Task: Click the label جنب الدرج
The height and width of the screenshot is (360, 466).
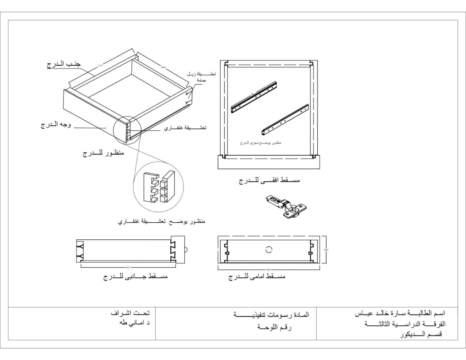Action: (x=64, y=64)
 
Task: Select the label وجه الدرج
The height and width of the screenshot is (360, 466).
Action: (x=56, y=125)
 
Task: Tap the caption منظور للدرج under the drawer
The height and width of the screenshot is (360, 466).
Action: (x=103, y=153)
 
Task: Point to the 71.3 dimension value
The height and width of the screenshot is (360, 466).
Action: (x=100, y=66)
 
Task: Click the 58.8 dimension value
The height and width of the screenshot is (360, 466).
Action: (x=163, y=67)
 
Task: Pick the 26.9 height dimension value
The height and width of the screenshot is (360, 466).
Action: (x=326, y=250)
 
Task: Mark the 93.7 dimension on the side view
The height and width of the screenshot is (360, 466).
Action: (x=128, y=267)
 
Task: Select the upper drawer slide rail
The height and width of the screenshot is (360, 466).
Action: (x=256, y=97)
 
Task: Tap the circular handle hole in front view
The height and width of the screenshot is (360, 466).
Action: (x=269, y=250)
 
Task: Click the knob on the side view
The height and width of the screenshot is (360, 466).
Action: (x=186, y=250)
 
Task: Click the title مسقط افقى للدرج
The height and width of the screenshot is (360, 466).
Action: (x=269, y=180)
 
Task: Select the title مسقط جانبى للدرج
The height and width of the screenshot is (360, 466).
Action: (x=135, y=277)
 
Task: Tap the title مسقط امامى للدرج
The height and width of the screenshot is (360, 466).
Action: (x=257, y=277)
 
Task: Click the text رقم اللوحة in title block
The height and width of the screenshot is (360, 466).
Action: (x=275, y=327)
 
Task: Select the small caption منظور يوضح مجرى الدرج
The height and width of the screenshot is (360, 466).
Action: (x=260, y=143)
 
